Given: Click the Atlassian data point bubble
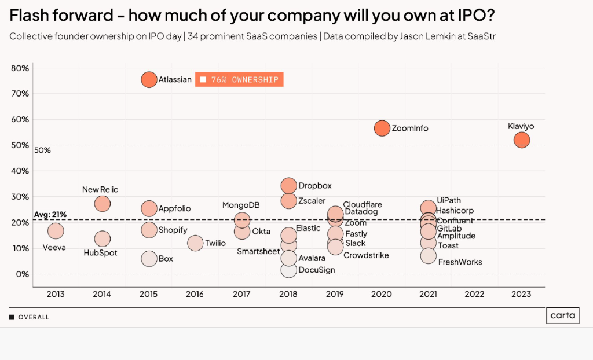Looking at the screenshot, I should click(x=149, y=79).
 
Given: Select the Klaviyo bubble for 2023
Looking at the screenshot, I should click(x=522, y=139).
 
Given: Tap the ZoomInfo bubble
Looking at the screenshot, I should click(x=382, y=128).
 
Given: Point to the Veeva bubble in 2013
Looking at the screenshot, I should click(x=56, y=231).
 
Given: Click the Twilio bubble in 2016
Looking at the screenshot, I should click(x=195, y=243).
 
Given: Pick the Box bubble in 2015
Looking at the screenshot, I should click(x=149, y=259).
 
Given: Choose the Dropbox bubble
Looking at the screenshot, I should click(x=289, y=185).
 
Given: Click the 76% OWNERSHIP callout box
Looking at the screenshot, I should click(x=239, y=80).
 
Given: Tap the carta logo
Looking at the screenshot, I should click(x=563, y=316).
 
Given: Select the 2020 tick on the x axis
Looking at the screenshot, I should click(x=382, y=294).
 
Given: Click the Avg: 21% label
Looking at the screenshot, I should click(x=50, y=215).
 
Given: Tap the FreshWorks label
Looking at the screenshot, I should click(x=460, y=262).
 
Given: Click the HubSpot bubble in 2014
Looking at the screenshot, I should click(x=103, y=239).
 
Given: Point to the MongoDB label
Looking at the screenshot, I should click(x=240, y=205).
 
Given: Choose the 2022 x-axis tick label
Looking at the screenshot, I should click(x=475, y=294).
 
